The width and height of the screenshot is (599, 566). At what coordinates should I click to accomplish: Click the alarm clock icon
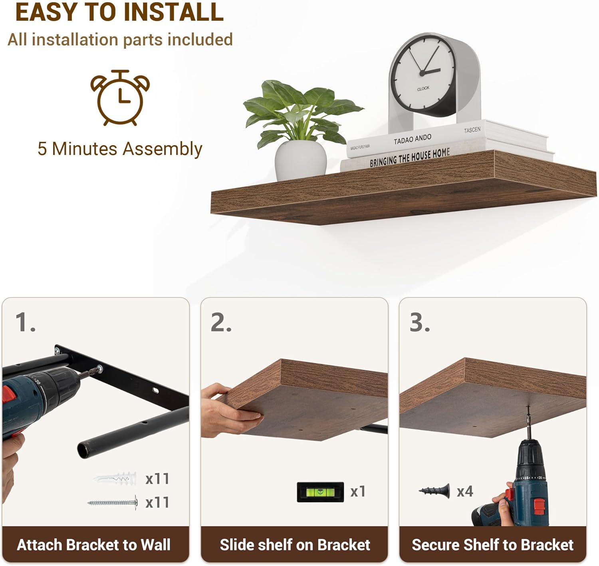point(120,97)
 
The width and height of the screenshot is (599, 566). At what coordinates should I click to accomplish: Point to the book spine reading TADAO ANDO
point(412,139)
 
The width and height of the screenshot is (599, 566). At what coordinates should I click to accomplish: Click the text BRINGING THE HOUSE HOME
point(410,158)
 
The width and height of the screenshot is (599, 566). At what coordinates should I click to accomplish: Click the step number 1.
point(25,322)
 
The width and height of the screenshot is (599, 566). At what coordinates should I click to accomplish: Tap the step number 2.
point(221,322)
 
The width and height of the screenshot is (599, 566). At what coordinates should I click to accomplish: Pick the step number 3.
point(420,322)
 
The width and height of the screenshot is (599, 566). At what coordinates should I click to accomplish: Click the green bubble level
point(320,492)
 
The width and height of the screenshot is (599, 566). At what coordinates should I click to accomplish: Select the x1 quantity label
point(358,492)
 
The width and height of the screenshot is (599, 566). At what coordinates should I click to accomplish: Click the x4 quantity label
point(465,492)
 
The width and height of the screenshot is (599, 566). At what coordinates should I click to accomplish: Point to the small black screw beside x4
point(434,491)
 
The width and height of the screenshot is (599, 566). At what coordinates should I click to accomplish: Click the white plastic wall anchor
point(115,478)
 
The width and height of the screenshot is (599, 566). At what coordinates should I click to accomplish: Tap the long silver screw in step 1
point(113,502)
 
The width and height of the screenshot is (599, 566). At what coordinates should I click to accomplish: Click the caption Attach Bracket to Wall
point(94,545)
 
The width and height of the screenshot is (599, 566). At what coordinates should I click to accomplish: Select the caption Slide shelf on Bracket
point(295,545)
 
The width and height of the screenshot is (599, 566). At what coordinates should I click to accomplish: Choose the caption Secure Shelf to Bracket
point(493,545)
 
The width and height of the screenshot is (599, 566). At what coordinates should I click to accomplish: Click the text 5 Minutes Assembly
point(120,149)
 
